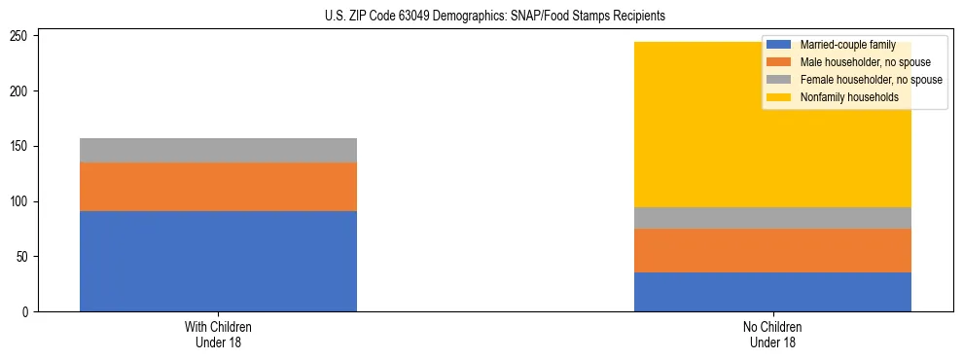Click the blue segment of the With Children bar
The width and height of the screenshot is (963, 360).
point(218,261)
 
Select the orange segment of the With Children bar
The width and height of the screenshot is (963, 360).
point(218,187)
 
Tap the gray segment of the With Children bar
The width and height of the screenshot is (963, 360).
point(218,150)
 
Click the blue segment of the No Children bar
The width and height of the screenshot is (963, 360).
point(772,292)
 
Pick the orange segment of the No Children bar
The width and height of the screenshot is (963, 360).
point(772,250)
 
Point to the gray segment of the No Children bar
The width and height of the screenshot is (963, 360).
point(772,218)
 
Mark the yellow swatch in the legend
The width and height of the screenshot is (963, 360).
point(778,97)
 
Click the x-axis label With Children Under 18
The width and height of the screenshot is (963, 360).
point(218,335)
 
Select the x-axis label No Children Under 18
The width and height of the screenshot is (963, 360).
point(772,335)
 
